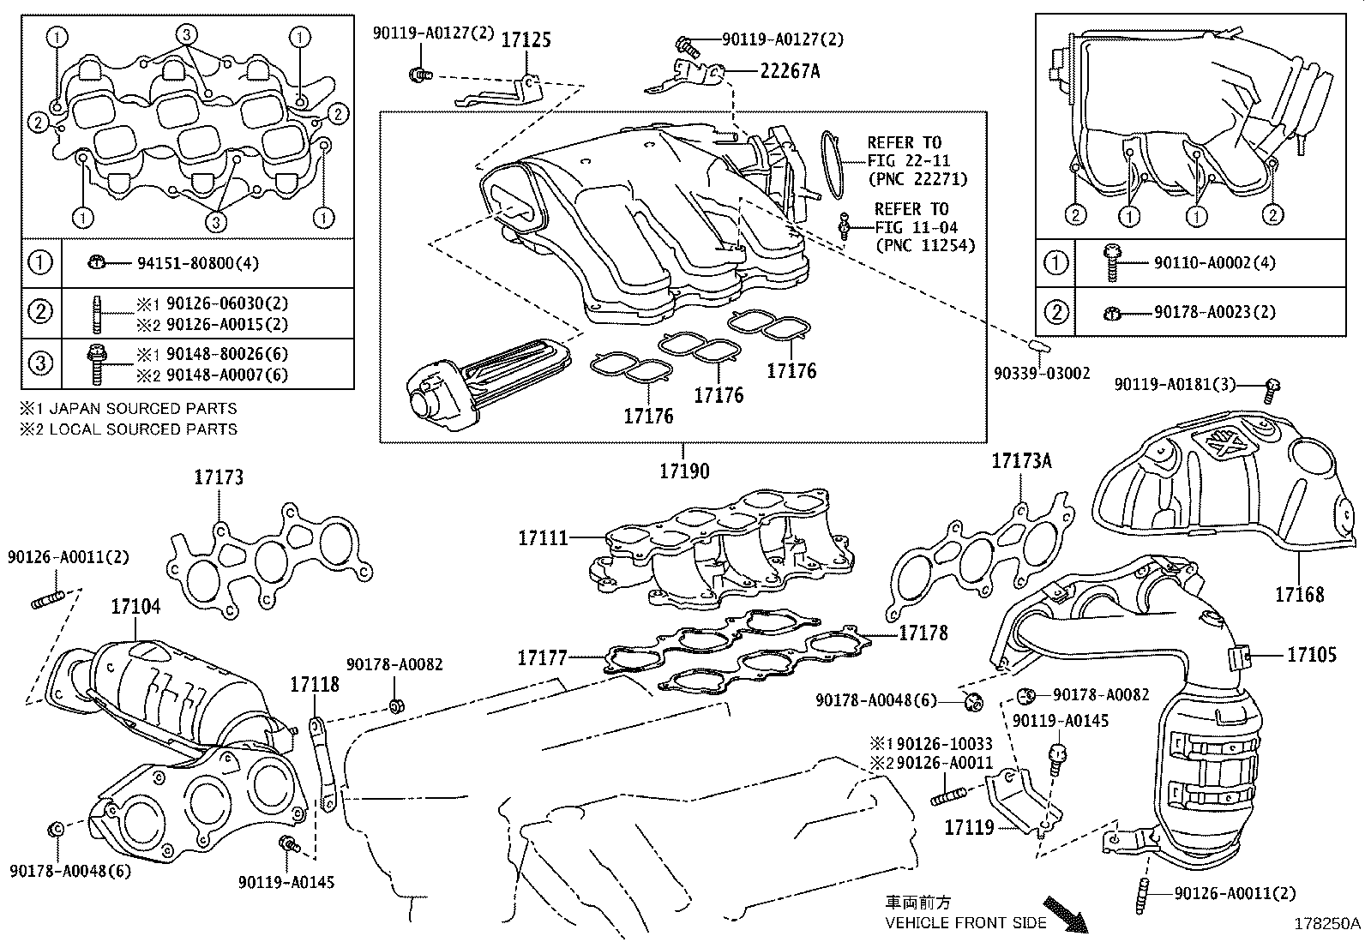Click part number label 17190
click(x=684, y=471)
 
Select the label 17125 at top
click(x=526, y=39)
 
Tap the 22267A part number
click(x=790, y=72)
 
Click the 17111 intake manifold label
click(x=543, y=538)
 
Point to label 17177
click(x=542, y=658)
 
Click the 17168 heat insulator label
click(x=1298, y=593)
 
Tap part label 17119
click(x=969, y=827)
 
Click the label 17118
click(x=315, y=684)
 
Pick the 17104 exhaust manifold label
click(x=135, y=607)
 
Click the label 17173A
click(x=1021, y=461)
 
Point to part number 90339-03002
click(x=1042, y=373)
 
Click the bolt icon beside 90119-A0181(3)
click(x=1272, y=391)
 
